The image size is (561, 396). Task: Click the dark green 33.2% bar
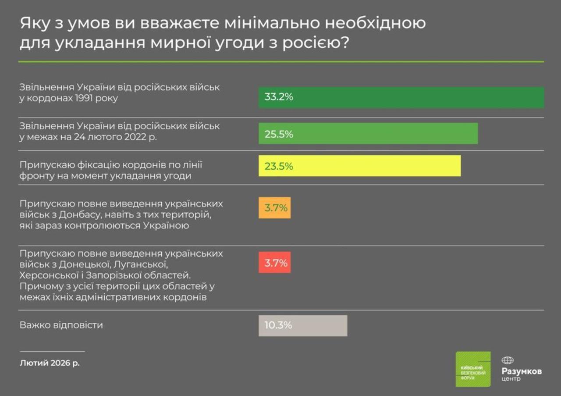pyautogui.click(x=401, y=97)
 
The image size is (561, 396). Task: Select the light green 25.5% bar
pyautogui.click(x=368, y=134)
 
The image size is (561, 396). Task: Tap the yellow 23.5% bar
pyautogui.click(x=359, y=166)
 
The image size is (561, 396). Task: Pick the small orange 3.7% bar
pyautogui.click(x=274, y=208)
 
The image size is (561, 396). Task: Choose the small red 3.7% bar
pyautogui.click(x=274, y=263)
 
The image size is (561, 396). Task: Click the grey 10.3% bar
pyautogui.click(x=303, y=325)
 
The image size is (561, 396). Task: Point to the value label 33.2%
pyautogui.click(x=279, y=97)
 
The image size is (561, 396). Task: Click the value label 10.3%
pyautogui.click(x=279, y=325)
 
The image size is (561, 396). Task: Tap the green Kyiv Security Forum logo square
pyautogui.click(x=473, y=369)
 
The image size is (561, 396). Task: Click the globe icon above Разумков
pyautogui.click(x=508, y=360)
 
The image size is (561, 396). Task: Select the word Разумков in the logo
pyautogui.click(x=522, y=371)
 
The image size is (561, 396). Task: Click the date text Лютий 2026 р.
pyautogui.click(x=50, y=363)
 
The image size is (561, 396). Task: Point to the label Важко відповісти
pyautogui.click(x=61, y=325)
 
